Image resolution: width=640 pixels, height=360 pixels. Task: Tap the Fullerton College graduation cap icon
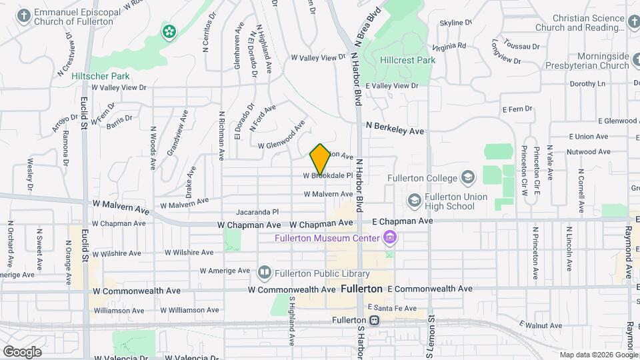pos(468,177)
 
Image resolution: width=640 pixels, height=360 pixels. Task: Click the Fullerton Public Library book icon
pos(265,272)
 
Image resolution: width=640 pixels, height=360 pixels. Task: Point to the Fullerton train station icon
pos(375,321)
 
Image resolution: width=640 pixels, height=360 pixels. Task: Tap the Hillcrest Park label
pos(407,60)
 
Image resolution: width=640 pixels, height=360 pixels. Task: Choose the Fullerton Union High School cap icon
pos(415,200)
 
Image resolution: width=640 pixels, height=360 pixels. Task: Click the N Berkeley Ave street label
pos(395,127)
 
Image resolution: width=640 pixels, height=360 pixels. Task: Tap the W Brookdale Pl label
pos(327,176)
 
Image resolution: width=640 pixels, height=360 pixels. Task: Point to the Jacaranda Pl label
pos(257,211)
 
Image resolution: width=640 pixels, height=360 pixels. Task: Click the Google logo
pos(22,351)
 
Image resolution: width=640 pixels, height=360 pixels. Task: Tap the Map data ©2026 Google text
pos(598,355)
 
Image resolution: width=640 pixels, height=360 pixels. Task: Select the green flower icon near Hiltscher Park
pos(169,31)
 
